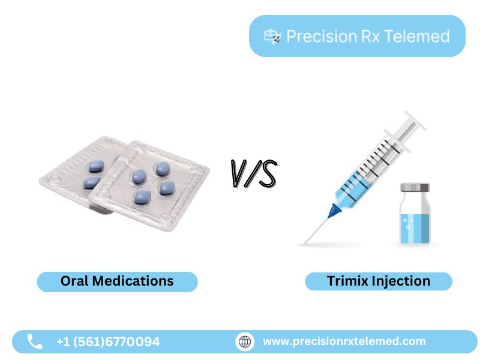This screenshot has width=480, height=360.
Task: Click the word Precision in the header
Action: [x=322, y=37]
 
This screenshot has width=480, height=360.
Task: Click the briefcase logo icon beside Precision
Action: [x=272, y=37]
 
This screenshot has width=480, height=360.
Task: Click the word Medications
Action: [x=133, y=281]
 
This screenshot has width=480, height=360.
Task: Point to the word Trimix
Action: [x=347, y=281]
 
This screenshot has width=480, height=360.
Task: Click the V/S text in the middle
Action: [x=254, y=173]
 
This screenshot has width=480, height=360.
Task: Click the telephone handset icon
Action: [x=35, y=341]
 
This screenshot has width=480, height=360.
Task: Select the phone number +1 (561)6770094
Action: [x=108, y=342]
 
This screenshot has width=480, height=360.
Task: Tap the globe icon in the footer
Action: [x=245, y=341]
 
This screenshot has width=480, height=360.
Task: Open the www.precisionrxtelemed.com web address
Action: [x=344, y=341]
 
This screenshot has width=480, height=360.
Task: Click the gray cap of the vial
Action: [x=415, y=187]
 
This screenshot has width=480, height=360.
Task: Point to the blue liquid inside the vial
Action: [x=415, y=228]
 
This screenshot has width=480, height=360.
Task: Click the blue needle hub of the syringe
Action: [x=334, y=211]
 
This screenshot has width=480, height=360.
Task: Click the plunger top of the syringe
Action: [x=415, y=121]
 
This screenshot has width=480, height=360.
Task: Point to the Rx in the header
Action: [x=370, y=37]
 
